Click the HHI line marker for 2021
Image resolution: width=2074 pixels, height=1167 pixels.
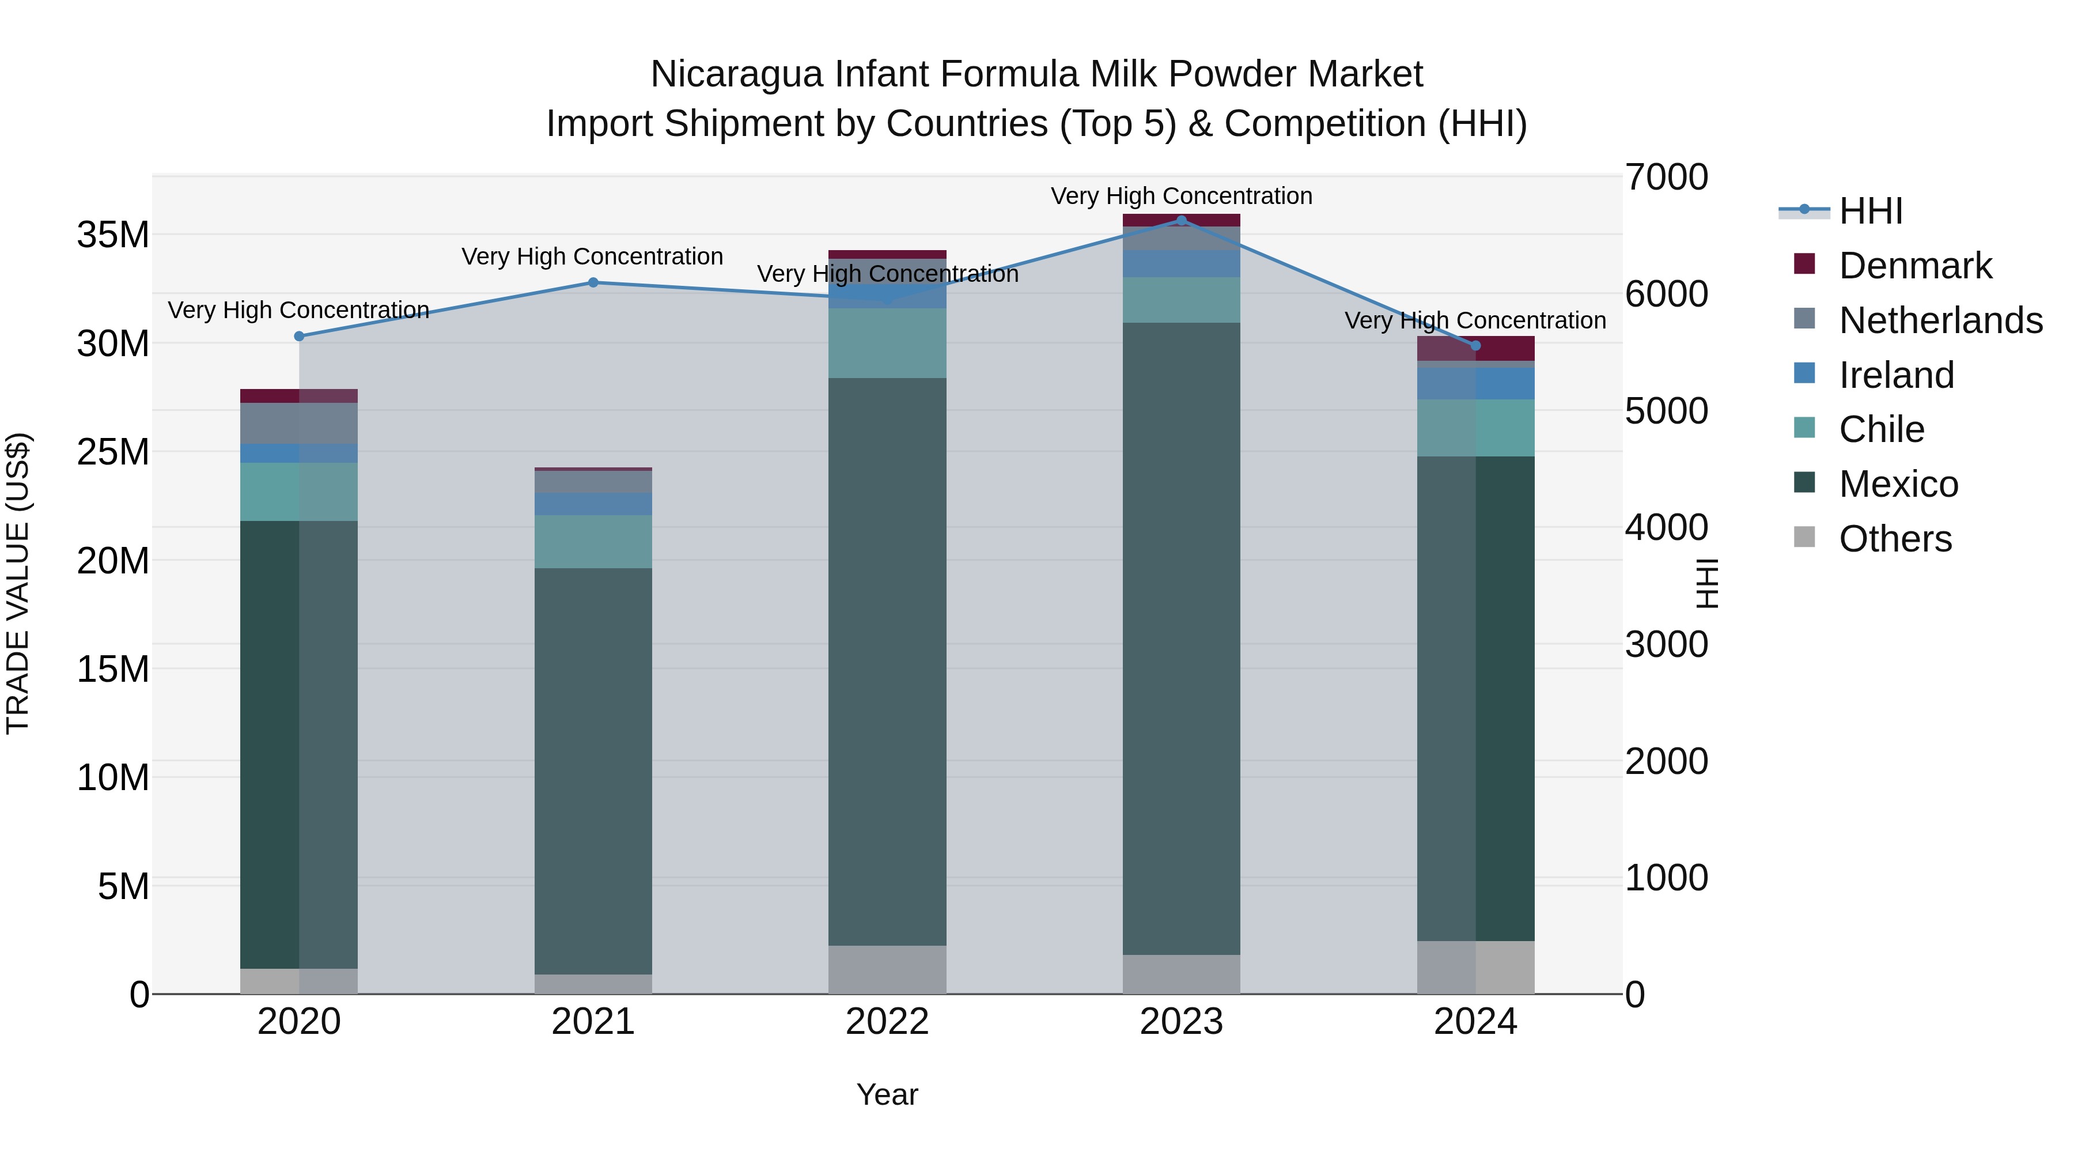pyautogui.click(x=593, y=283)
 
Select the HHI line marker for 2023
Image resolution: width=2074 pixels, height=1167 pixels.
pyautogui.click(x=1181, y=220)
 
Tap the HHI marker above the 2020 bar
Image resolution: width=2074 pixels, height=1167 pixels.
pyautogui.click(x=300, y=337)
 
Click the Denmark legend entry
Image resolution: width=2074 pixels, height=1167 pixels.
pyautogui.click(x=1914, y=266)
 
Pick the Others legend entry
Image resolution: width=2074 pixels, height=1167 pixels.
pyautogui.click(x=1894, y=539)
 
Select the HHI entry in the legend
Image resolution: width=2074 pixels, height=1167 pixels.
pyautogui.click(x=1870, y=211)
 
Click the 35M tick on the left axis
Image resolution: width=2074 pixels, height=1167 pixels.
pyautogui.click(x=113, y=235)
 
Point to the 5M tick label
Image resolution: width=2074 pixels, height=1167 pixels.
pyautogui.click(x=123, y=886)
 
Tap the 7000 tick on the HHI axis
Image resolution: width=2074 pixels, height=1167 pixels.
pyautogui.click(x=1666, y=177)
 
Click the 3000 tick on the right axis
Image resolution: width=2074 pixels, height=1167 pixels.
pyautogui.click(x=1666, y=644)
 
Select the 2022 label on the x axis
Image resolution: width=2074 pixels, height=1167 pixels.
pyautogui.click(x=887, y=1022)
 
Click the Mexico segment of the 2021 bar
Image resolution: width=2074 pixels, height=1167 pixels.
pyautogui.click(x=593, y=771)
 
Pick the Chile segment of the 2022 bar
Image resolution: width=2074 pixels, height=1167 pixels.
pyautogui.click(x=887, y=343)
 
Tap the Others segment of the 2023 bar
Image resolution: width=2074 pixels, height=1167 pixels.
pyautogui.click(x=1181, y=975)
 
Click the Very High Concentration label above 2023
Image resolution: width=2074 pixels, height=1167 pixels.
pyautogui.click(x=1181, y=197)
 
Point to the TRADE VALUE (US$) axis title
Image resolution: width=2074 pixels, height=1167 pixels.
pyautogui.click(x=18, y=583)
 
